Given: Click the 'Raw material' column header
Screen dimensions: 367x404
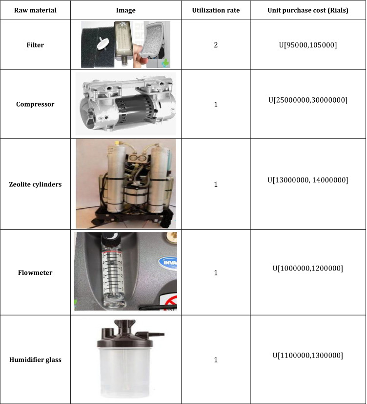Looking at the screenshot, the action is (x=35, y=10).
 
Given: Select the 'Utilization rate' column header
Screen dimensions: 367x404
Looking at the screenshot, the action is (x=216, y=10).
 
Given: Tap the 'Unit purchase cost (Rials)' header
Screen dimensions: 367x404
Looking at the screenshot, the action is (x=307, y=10).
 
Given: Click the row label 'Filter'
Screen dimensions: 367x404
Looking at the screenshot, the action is (x=35, y=45).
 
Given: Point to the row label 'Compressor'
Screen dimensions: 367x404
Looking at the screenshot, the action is (x=35, y=104).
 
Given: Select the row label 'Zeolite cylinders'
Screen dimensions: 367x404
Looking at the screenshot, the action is (x=35, y=184).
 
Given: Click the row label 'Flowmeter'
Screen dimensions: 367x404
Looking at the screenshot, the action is (x=35, y=272).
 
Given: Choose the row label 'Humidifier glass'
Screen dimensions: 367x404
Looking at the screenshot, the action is (x=35, y=359).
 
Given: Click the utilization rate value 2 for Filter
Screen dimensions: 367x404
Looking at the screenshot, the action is (x=216, y=45).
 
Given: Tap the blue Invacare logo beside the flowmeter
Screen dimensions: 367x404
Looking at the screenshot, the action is (x=169, y=263).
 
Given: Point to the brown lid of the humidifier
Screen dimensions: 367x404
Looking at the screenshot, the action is (x=125, y=335).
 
